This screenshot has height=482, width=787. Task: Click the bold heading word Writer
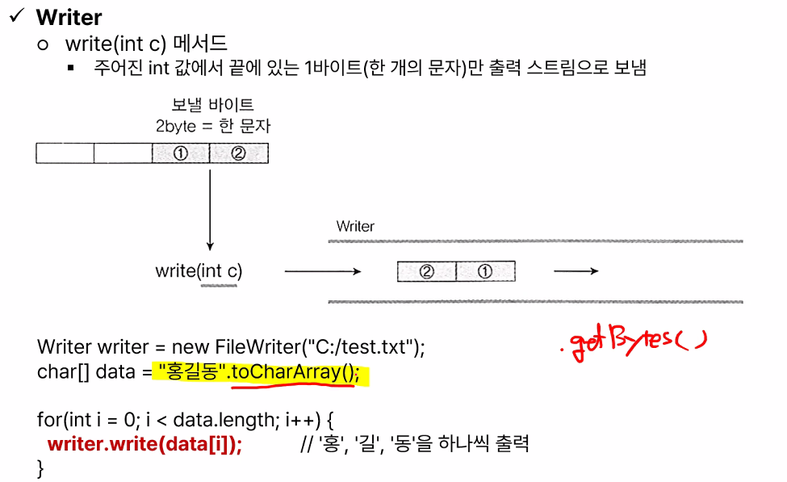pyautogui.click(x=69, y=17)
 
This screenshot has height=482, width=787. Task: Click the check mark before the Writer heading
pyautogui.click(x=17, y=16)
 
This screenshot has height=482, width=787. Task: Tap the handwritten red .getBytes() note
pyautogui.click(x=634, y=344)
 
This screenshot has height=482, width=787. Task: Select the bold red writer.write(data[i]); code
pyautogui.click(x=144, y=443)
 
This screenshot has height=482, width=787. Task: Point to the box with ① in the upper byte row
pyautogui.click(x=180, y=153)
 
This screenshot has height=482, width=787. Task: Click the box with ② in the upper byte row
pyautogui.click(x=238, y=153)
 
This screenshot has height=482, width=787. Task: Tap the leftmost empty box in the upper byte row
pyautogui.click(x=65, y=153)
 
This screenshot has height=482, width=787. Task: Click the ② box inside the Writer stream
pyautogui.click(x=427, y=272)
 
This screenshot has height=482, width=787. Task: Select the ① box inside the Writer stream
pyautogui.click(x=485, y=272)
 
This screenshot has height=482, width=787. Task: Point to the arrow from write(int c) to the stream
pyautogui.click(x=322, y=272)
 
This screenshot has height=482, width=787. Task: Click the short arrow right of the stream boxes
pyautogui.click(x=576, y=272)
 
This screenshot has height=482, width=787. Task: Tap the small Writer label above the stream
pyautogui.click(x=355, y=226)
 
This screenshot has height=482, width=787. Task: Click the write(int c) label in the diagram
pyautogui.click(x=199, y=271)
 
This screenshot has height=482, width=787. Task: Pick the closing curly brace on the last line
pyautogui.click(x=41, y=468)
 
